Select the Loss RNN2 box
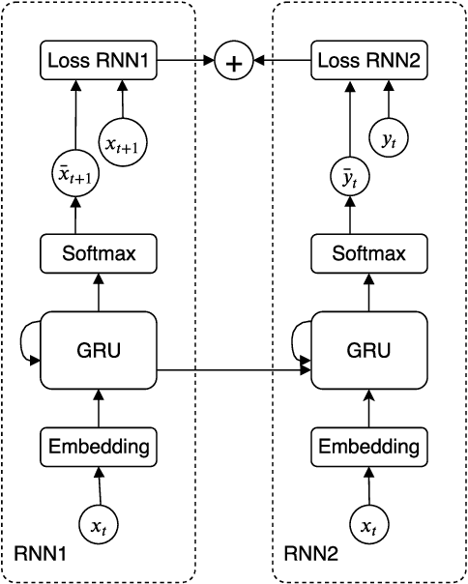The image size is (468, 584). (x=368, y=62)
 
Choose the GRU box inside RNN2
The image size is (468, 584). (x=368, y=350)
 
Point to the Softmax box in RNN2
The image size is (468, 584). (x=368, y=254)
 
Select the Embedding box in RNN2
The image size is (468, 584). (x=368, y=447)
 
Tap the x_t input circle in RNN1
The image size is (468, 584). (x=97, y=526)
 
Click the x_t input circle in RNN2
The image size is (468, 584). (x=368, y=526)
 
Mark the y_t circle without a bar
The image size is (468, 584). (x=390, y=141)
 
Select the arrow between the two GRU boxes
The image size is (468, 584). (x=232, y=367)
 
